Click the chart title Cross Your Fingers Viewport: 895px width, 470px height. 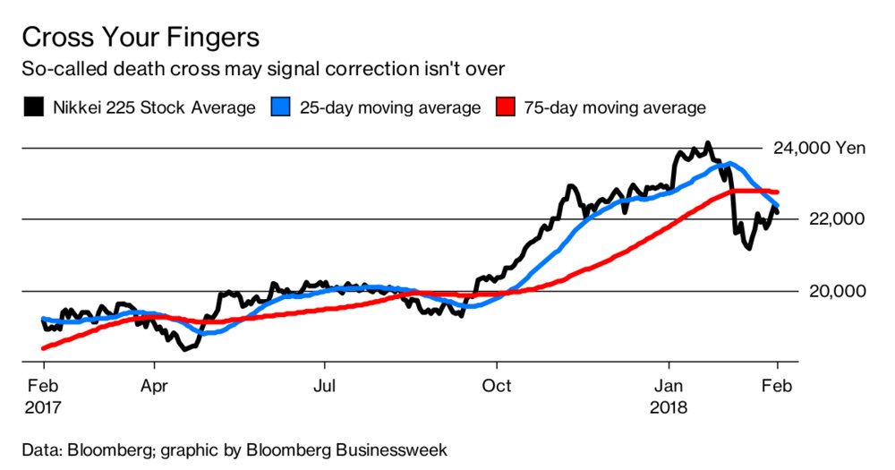[x=140, y=38]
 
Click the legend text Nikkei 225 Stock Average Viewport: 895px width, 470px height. [x=153, y=108]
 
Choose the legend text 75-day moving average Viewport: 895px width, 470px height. [x=615, y=108]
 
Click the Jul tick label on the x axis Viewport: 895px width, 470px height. [x=324, y=387]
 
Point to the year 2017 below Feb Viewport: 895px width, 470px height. [x=42, y=407]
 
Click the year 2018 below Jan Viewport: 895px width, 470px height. [x=669, y=407]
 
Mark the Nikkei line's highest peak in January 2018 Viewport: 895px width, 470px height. [x=708, y=143]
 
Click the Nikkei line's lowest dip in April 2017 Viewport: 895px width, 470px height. [x=185, y=348]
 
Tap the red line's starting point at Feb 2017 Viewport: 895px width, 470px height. [x=43, y=348]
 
